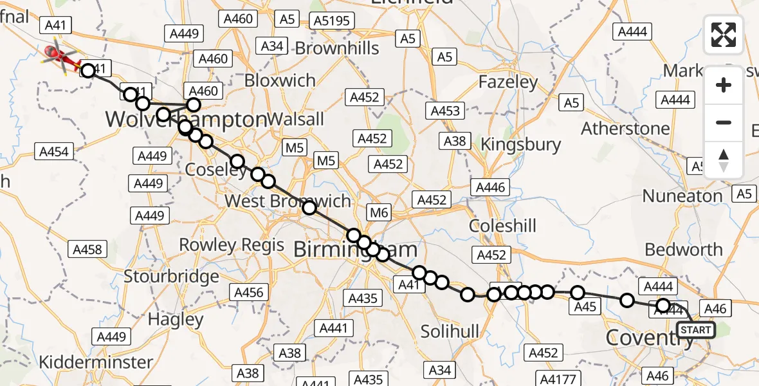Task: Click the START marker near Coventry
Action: click(695, 330)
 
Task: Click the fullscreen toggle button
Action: click(724, 35)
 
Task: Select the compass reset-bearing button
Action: click(724, 160)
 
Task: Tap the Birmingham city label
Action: click(355, 250)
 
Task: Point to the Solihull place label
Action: click(450, 331)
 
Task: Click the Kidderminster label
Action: click(96, 362)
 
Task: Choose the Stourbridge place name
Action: click(171, 277)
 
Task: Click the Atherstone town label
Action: click(625, 129)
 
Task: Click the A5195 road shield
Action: click(332, 21)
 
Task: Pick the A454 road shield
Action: click(53, 152)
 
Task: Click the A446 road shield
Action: click(491, 188)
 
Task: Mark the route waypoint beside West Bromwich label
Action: click(309, 207)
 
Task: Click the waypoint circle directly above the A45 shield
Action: click(578, 293)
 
